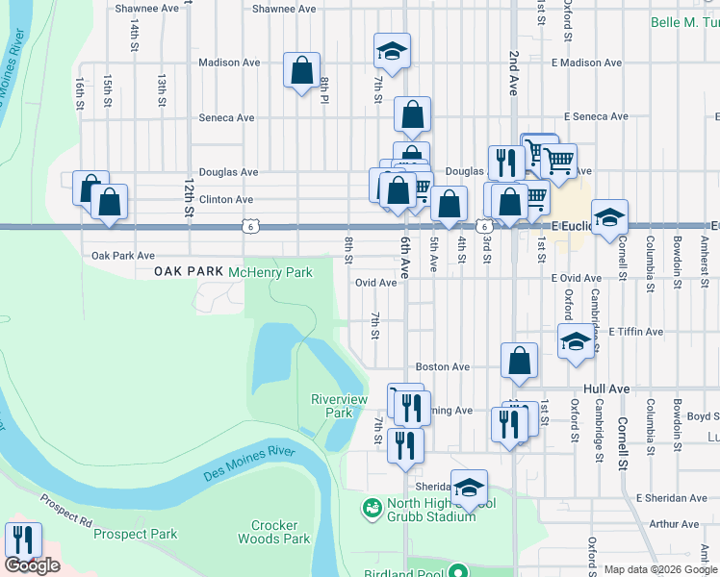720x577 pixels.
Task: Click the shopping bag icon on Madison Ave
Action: tap(301, 70)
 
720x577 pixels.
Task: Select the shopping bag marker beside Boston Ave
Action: tap(519, 362)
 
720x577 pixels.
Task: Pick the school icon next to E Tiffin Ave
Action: tap(576, 341)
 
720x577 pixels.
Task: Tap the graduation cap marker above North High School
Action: tap(469, 488)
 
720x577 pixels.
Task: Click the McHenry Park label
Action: tap(270, 273)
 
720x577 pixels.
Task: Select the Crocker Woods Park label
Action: tap(280, 532)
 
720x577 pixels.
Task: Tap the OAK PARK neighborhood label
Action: tap(189, 273)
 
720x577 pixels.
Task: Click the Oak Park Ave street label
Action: tap(122, 257)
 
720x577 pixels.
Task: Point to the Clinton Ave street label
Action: tap(225, 200)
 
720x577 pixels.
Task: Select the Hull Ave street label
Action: tap(606, 389)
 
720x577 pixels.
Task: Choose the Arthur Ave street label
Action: tap(674, 524)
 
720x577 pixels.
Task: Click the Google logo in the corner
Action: tap(33, 565)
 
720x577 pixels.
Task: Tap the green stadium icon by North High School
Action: tap(370, 506)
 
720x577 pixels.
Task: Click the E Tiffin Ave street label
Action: tap(635, 332)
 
